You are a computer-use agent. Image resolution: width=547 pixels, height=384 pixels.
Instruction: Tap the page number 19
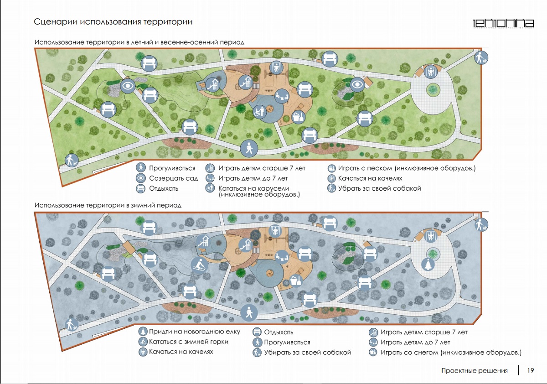pos(531,370)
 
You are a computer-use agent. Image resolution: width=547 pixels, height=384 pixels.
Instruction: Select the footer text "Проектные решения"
pos(474,371)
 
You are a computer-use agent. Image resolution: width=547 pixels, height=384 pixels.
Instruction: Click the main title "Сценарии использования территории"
pos(114,22)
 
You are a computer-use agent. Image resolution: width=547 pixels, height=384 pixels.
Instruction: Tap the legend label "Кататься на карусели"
pos(253,188)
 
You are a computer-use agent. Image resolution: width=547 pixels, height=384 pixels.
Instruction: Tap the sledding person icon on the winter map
pos(199,264)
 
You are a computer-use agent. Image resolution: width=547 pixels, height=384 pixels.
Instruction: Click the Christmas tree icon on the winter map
pos(429,264)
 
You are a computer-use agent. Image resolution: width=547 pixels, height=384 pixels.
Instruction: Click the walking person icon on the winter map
pos(249,312)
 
